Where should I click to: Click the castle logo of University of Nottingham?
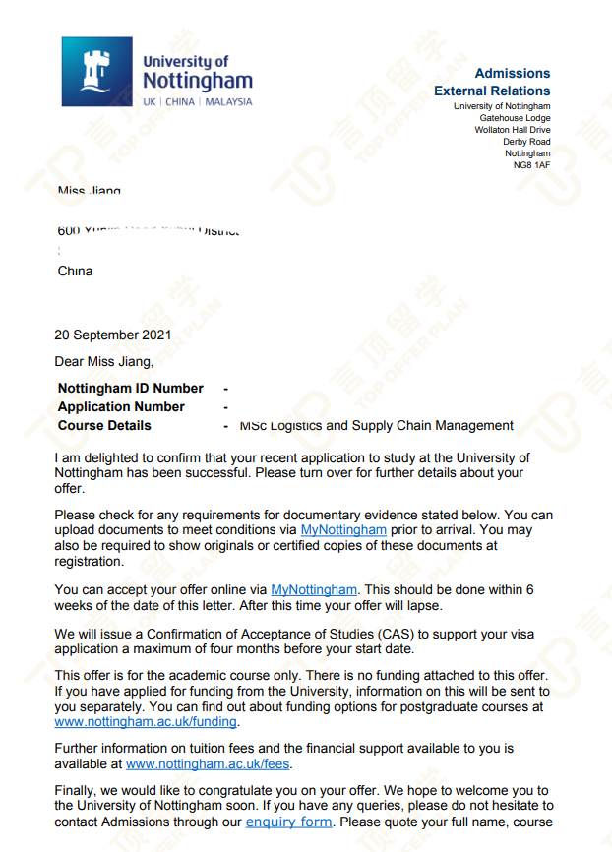(96, 72)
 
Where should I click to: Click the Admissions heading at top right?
(512, 74)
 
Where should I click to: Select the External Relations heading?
(492, 91)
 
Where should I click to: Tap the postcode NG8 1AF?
(531, 165)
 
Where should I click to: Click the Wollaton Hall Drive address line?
(513, 130)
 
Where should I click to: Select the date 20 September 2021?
(113, 335)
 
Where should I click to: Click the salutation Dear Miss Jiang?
(104, 362)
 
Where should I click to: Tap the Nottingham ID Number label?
(131, 388)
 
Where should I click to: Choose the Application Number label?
(121, 406)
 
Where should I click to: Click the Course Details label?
(105, 425)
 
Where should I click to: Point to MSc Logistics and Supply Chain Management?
(376, 426)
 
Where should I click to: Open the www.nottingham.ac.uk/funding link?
(146, 721)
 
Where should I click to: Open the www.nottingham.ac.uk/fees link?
(209, 762)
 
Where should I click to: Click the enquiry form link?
(288, 822)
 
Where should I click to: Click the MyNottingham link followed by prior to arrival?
(343, 529)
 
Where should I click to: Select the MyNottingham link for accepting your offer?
(314, 589)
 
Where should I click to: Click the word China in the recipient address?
(76, 271)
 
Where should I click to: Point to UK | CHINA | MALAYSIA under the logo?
(197, 102)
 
